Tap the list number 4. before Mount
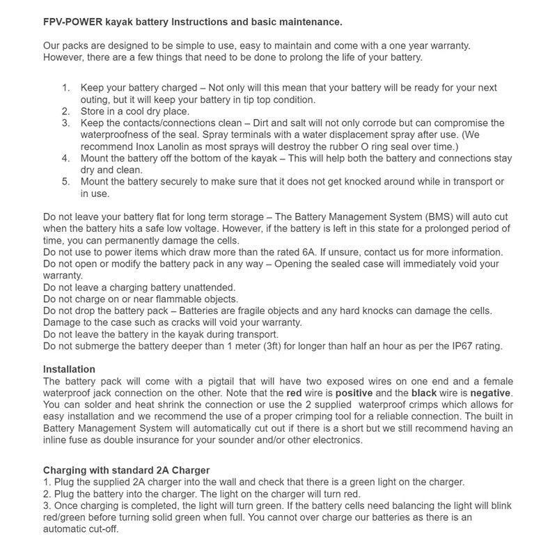point(65,158)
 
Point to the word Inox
point(149,146)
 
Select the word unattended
point(201,287)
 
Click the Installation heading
point(69,369)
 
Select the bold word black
point(425,393)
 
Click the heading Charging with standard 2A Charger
point(126,470)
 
